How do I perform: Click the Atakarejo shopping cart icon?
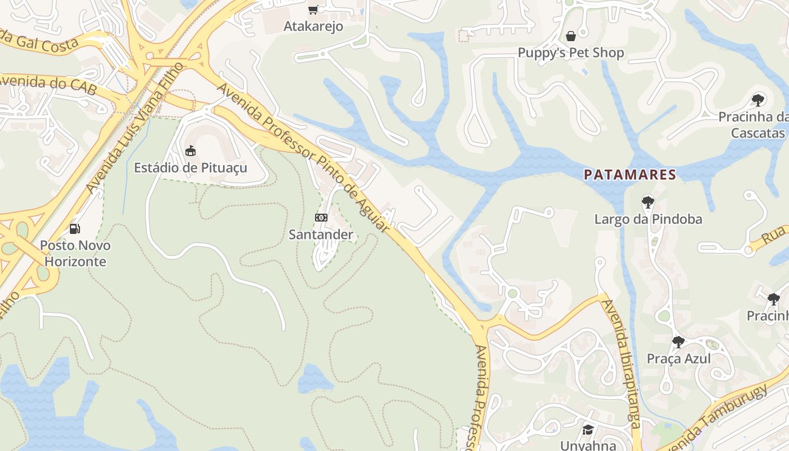point(313,10)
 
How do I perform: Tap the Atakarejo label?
point(313,26)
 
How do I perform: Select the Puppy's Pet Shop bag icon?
point(571,37)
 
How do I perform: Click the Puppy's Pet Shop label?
point(571,53)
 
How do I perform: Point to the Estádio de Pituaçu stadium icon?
point(190,151)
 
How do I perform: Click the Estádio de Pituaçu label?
point(190,168)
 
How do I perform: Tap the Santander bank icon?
point(321,218)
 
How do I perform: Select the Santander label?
point(321,235)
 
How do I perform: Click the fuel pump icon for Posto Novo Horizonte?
point(74,229)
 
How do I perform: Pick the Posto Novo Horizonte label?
point(75,254)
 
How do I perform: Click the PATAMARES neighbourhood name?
point(630,175)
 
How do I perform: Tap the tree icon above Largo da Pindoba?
point(648,202)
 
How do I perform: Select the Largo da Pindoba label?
point(648,219)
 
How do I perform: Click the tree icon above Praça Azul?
point(679,342)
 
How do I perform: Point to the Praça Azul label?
point(679,359)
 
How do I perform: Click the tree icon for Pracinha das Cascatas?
point(758,100)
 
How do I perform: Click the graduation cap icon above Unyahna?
point(588,430)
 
